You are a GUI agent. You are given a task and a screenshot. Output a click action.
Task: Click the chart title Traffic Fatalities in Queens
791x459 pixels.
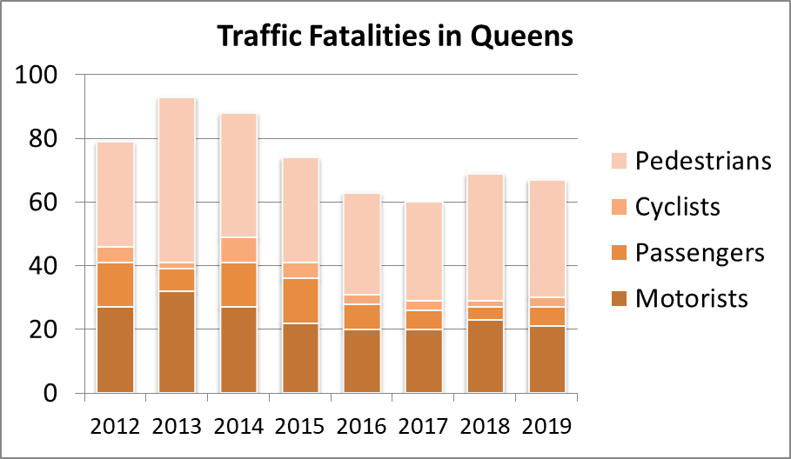click(395, 37)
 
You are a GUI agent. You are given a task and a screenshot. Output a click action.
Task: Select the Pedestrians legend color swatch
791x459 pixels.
click(620, 162)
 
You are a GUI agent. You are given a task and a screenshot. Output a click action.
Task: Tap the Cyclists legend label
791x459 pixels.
click(678, 207)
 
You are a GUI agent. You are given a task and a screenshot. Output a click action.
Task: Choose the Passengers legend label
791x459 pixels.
click(700, 253)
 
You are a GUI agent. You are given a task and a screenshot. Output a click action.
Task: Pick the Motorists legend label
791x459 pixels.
click(692, 299)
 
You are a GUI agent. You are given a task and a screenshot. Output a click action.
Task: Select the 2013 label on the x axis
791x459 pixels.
click(177, 427)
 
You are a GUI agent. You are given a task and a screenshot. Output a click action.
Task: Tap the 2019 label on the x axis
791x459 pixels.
click(547, 427)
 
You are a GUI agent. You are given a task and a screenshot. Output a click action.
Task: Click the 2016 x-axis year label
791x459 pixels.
click(362, 427)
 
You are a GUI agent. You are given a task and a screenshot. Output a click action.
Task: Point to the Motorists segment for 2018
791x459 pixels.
click(486, 356)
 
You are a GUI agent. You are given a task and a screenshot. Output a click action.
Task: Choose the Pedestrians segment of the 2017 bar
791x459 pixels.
click(424, 251)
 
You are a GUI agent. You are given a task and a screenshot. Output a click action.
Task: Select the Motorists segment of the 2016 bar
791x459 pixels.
click(362, 362)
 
